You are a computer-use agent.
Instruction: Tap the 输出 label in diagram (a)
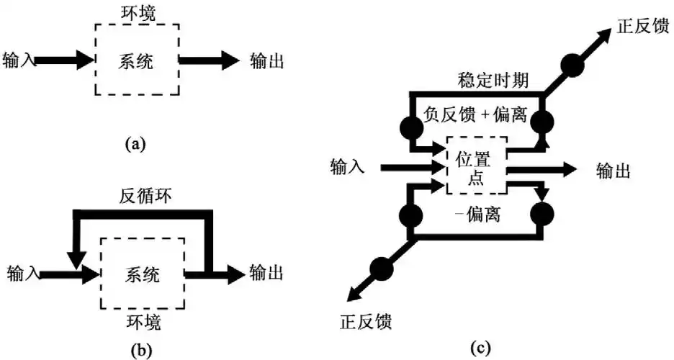tap(266, 60)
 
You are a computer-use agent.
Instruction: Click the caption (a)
tap(135, 144)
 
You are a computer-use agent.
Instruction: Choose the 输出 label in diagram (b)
tap(266, 274)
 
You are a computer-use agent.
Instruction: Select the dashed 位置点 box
tap(476, 165)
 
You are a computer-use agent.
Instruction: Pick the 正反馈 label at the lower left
tap(366, 320)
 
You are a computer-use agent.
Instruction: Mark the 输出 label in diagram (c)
tap(614, 171)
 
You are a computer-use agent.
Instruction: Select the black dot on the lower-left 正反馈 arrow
tap(381, 268)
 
